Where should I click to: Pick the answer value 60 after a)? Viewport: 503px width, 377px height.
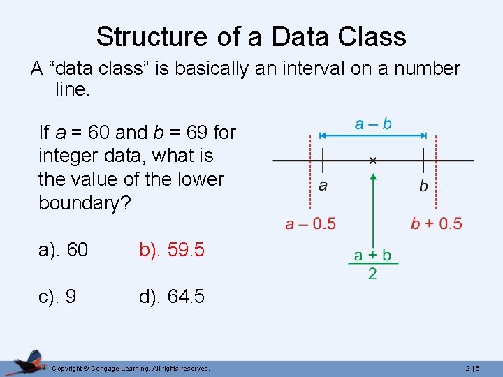78,249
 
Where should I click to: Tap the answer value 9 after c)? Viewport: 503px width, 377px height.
71,297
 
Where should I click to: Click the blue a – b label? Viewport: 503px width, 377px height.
373,124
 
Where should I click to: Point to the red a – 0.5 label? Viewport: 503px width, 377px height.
310,224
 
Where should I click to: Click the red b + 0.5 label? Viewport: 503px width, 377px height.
436,224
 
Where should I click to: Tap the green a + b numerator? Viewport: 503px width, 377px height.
372,255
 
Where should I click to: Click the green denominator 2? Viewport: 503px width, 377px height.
372,274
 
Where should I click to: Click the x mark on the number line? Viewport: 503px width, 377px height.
373,161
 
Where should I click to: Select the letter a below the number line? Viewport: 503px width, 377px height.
323,186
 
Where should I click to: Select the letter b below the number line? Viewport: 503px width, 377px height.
423,186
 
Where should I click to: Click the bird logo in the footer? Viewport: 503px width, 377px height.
28,362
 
